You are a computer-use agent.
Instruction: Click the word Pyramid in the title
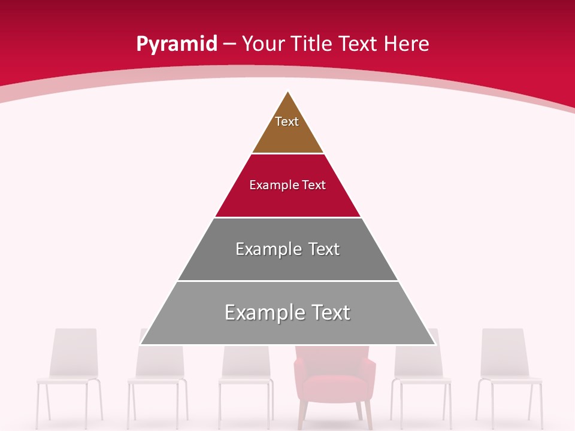pos(177,44)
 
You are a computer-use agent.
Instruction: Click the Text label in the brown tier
pos(287,122)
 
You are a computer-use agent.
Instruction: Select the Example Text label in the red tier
pos(287,185)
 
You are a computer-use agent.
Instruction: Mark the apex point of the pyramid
pos(288,92)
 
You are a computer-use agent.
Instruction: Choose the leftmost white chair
pos(70,377)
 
